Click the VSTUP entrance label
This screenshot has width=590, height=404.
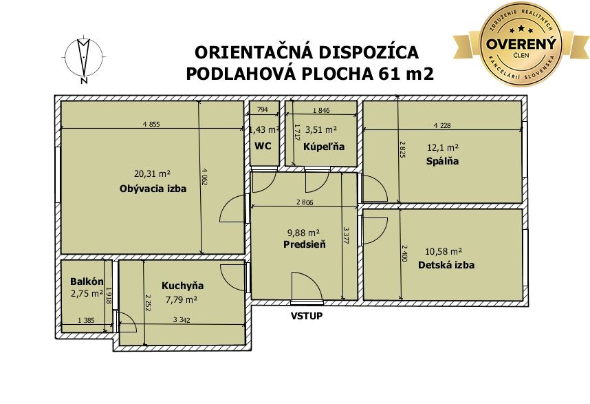click(x=307, y=316)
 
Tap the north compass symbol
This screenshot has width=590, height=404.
click(x=84, y=59)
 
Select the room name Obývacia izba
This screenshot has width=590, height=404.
click(x=153, y=189)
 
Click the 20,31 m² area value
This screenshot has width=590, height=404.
click(x=153, y=173)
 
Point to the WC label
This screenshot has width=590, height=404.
click(x=263, y=146)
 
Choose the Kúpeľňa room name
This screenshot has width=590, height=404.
click(x=324, y=147)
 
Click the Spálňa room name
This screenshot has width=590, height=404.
click(x=442, y=161)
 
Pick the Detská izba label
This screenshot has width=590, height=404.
click(x=446, y=265)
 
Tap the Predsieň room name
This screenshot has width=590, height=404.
click(x=305, y=244)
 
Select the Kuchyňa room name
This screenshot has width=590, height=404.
click(x=182, y=286)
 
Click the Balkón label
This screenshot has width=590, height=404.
click(x=87, y=281)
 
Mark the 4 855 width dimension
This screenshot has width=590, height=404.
click(x=151, y=124)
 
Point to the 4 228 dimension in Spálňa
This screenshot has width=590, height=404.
click(x=442, y=125)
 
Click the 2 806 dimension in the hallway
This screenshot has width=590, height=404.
click(x=305, y=202)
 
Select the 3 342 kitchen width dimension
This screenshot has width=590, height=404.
click(x=182, y=320)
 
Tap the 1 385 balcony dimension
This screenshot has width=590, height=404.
click(x=86, y=321)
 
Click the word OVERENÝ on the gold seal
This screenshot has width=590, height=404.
click(x=521, y=44)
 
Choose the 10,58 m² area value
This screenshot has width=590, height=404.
click(x=444, y=251)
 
